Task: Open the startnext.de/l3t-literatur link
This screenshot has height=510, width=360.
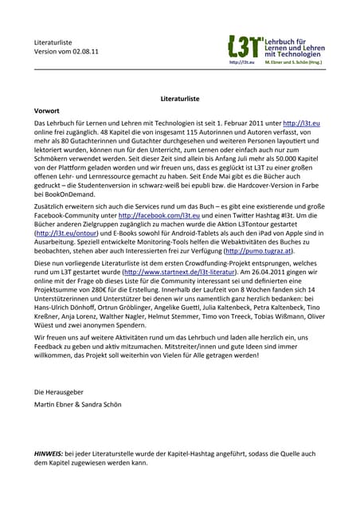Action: coord(181,272)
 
